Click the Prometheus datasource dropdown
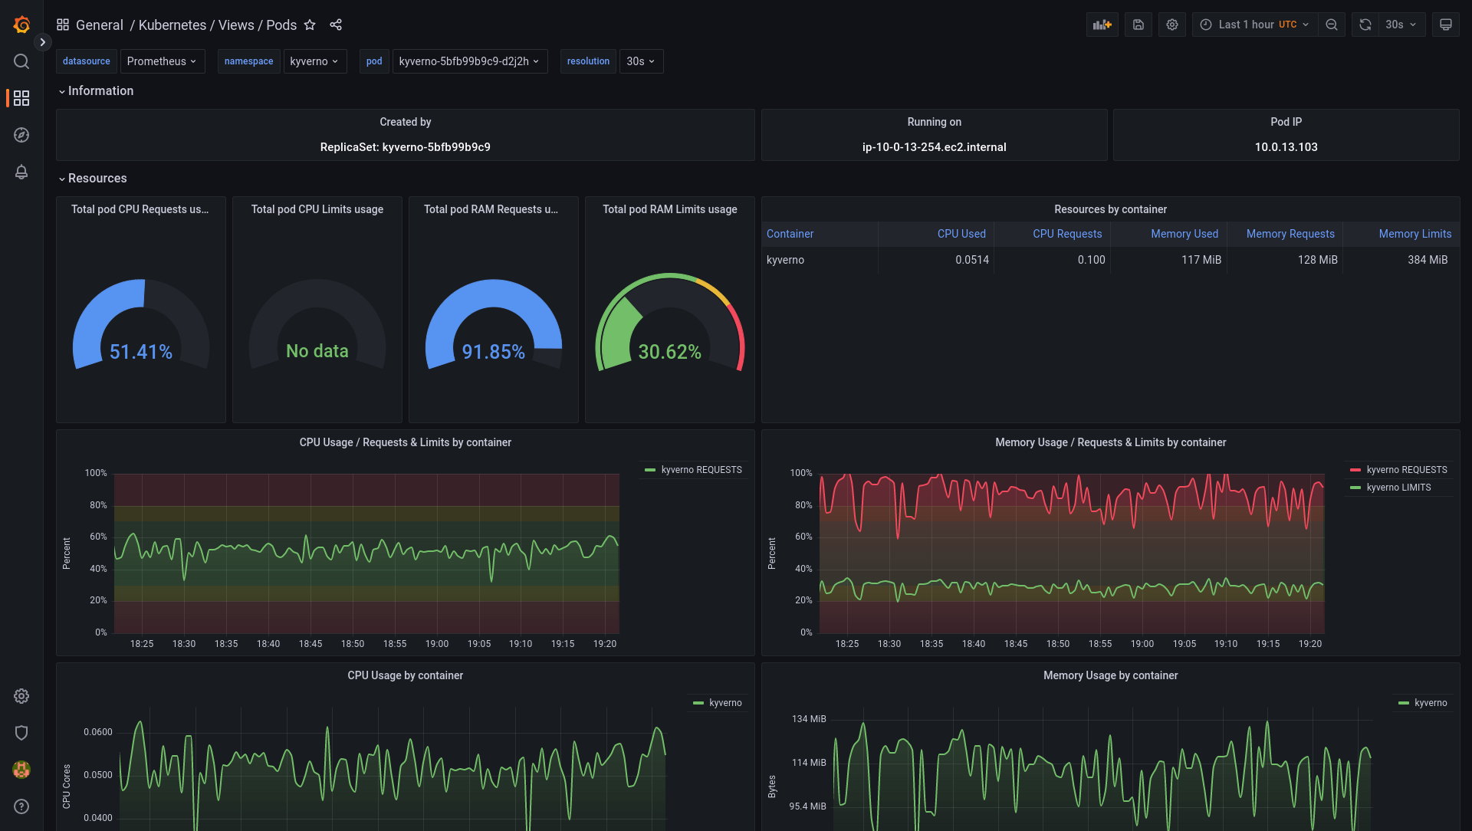pos(162,61)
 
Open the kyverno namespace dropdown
pos(314,61)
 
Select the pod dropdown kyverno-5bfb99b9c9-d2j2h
pos(469,61)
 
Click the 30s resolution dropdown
pos(641,61)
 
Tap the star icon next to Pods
pos(310,25)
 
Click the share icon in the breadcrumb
pos(336,25)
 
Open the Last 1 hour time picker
pos(1255,25)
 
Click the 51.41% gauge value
pos(141,352)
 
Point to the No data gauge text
pos(317,351)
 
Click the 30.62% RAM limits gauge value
pos(670,352)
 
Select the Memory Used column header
pos(1184,234)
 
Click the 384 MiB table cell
pos(1427,260)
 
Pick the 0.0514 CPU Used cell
pos(971,260)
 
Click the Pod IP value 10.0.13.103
pos(1286,147)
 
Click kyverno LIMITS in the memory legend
pos(1398,488)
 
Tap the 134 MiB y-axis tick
pos(808,719)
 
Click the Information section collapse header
pos(100,90)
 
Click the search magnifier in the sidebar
pos(21,61)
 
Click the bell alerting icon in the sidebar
pos(21,172)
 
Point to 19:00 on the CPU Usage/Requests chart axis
pos(437,644)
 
